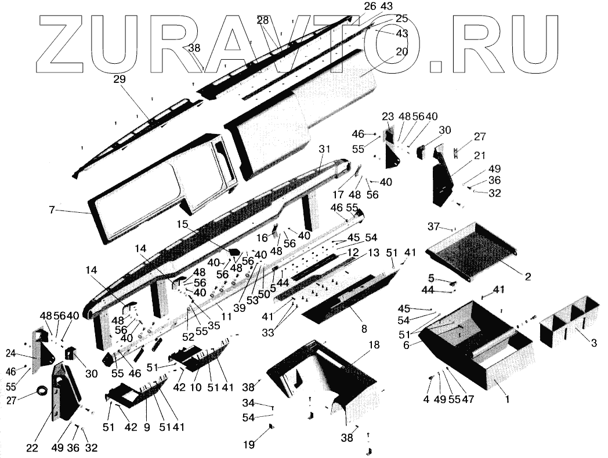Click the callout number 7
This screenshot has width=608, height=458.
pyautogui.click(x=52, y=210)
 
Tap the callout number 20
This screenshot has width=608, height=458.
pyautogui.click(x=402, y=52)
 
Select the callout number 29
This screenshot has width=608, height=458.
pyautogui.click(x=120, y=78)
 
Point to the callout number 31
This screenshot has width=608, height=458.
pyautogui.click(x=324, y=149)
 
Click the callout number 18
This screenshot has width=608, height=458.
pyautogui.click(x=374, y=345)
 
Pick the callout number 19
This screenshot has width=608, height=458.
pyautogui.click(x=249, y=445)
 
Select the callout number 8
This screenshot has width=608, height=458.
pyautogui.click(x=364, y=329)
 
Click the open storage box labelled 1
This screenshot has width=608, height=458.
pyautogui.click(x=482, y=354)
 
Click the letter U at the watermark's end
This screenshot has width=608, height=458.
pyautogui.click(x=534, y=43)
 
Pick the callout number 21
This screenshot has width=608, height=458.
pyautogui.click(x=479, y=156)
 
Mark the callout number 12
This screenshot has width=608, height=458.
pyautogui.click(x=353, y=253)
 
